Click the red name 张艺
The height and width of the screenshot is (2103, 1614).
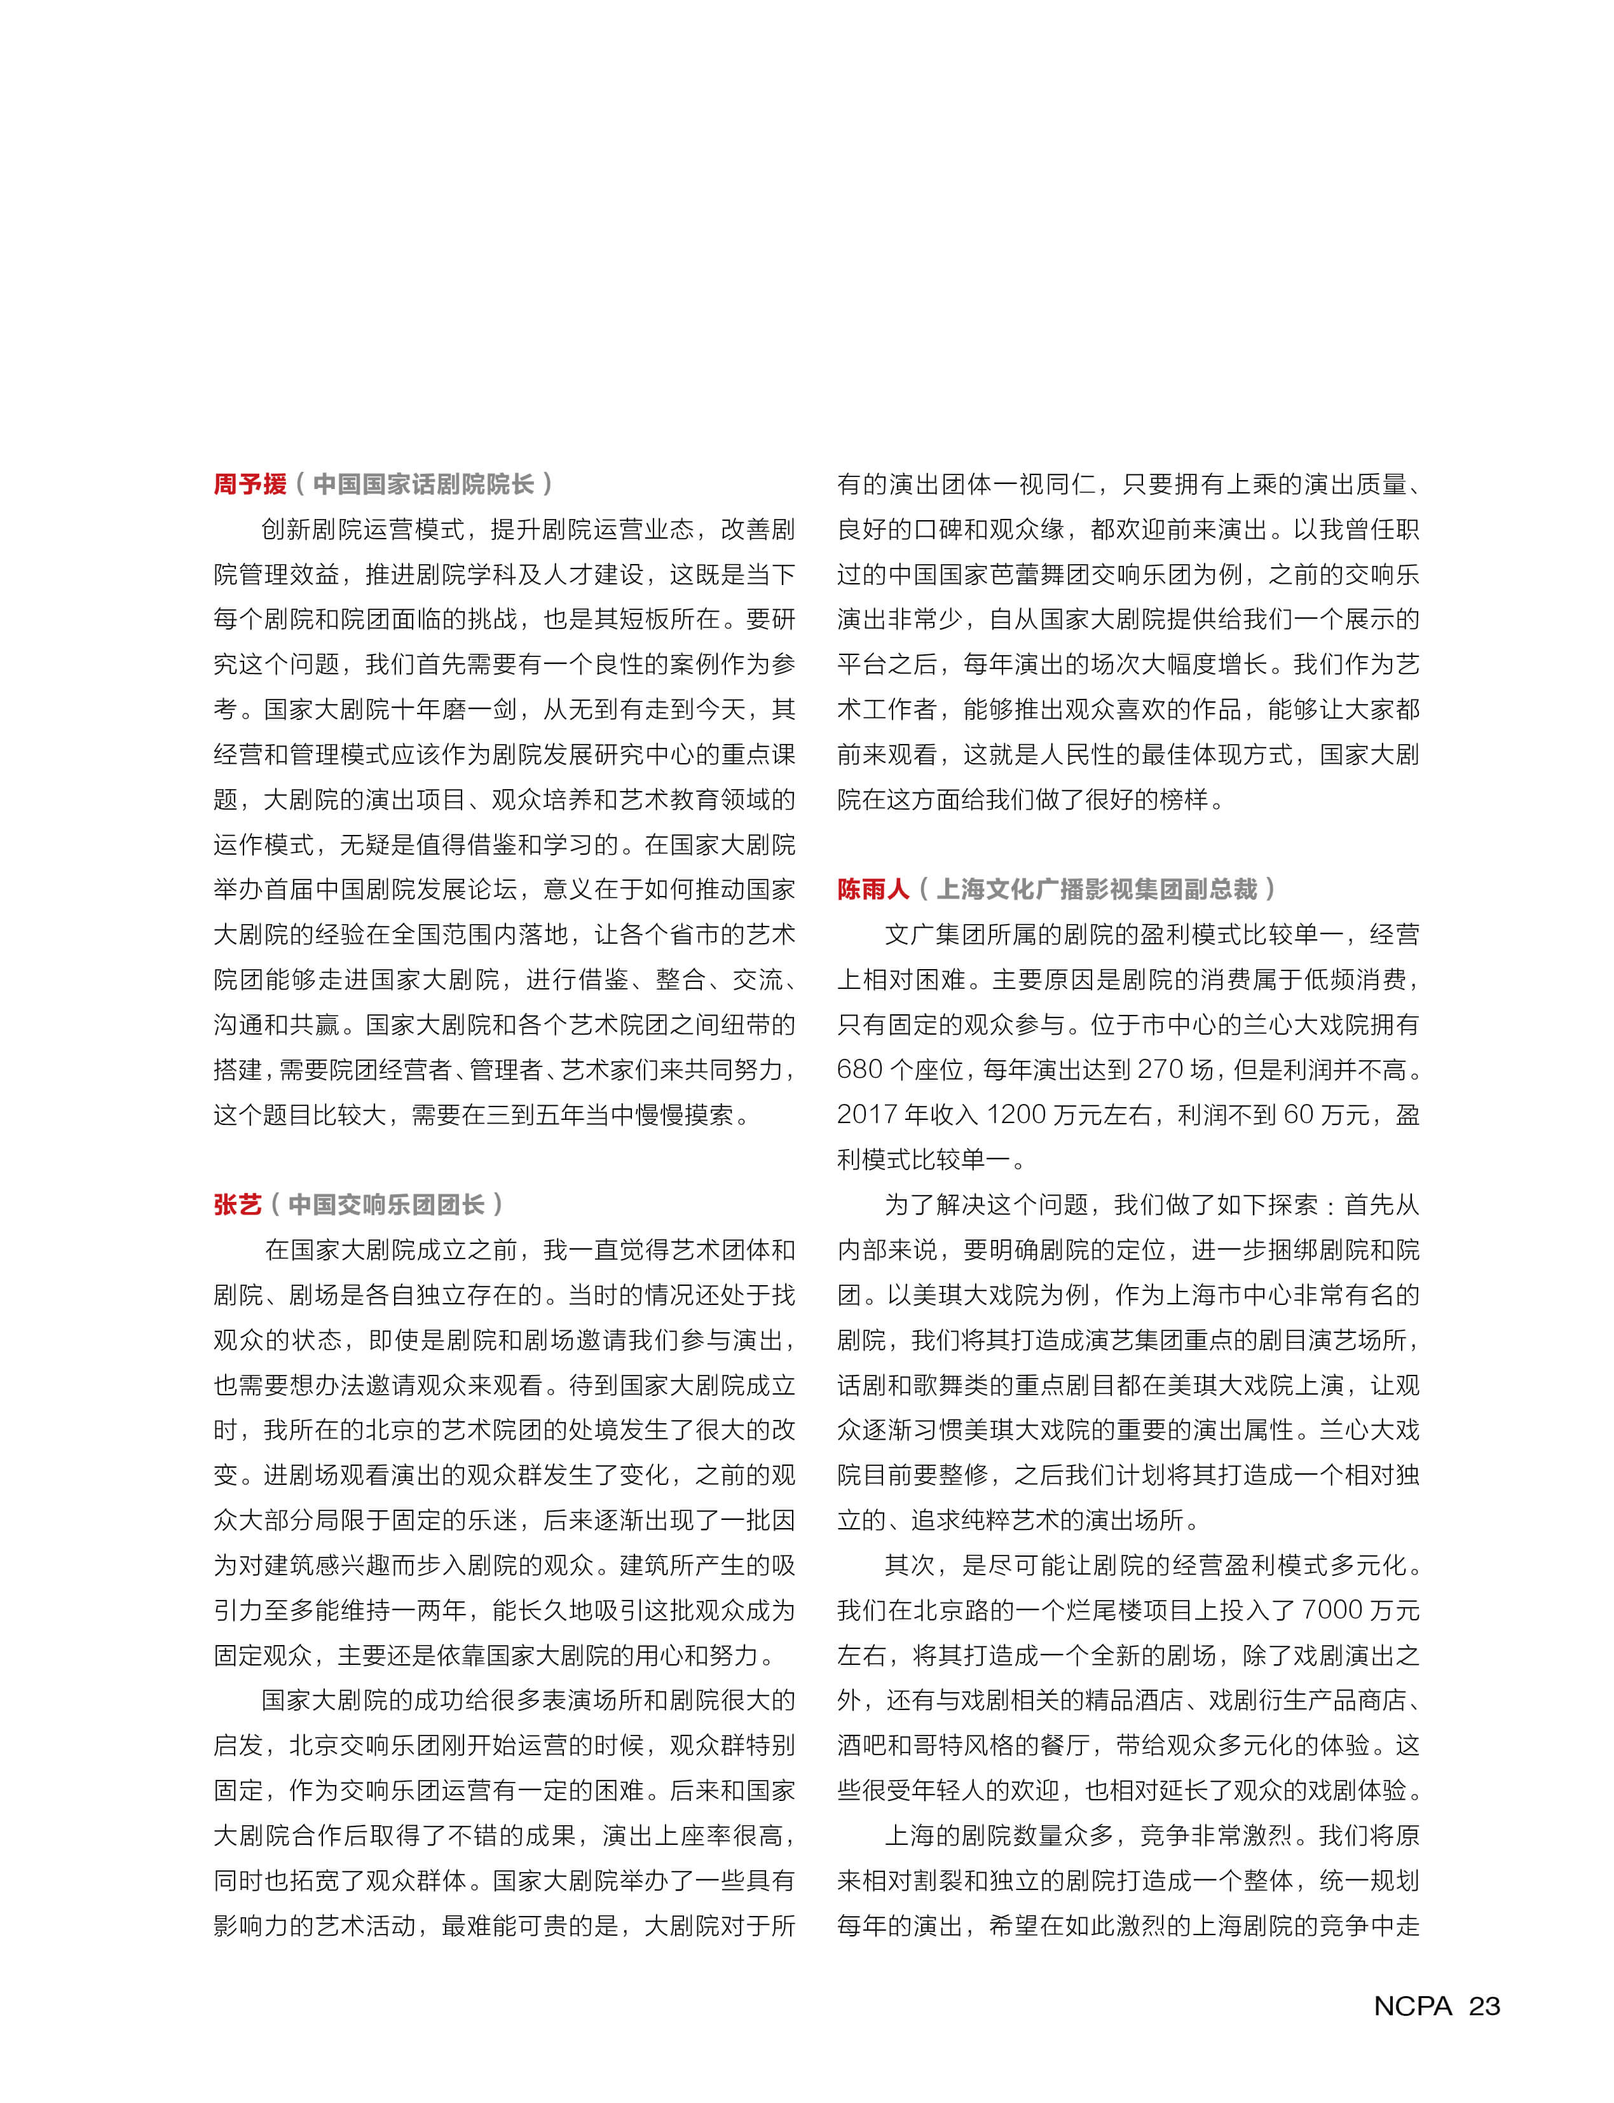pos(237,1204)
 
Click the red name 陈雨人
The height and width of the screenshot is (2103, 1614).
pos(872,889)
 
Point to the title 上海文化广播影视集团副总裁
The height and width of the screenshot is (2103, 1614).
pos(1096,889)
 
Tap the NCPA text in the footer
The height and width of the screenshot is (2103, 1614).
pos(1412,2006)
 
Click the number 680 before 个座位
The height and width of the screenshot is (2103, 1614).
pos(860,1070)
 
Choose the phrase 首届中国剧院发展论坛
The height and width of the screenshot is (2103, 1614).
pos(365,889)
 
